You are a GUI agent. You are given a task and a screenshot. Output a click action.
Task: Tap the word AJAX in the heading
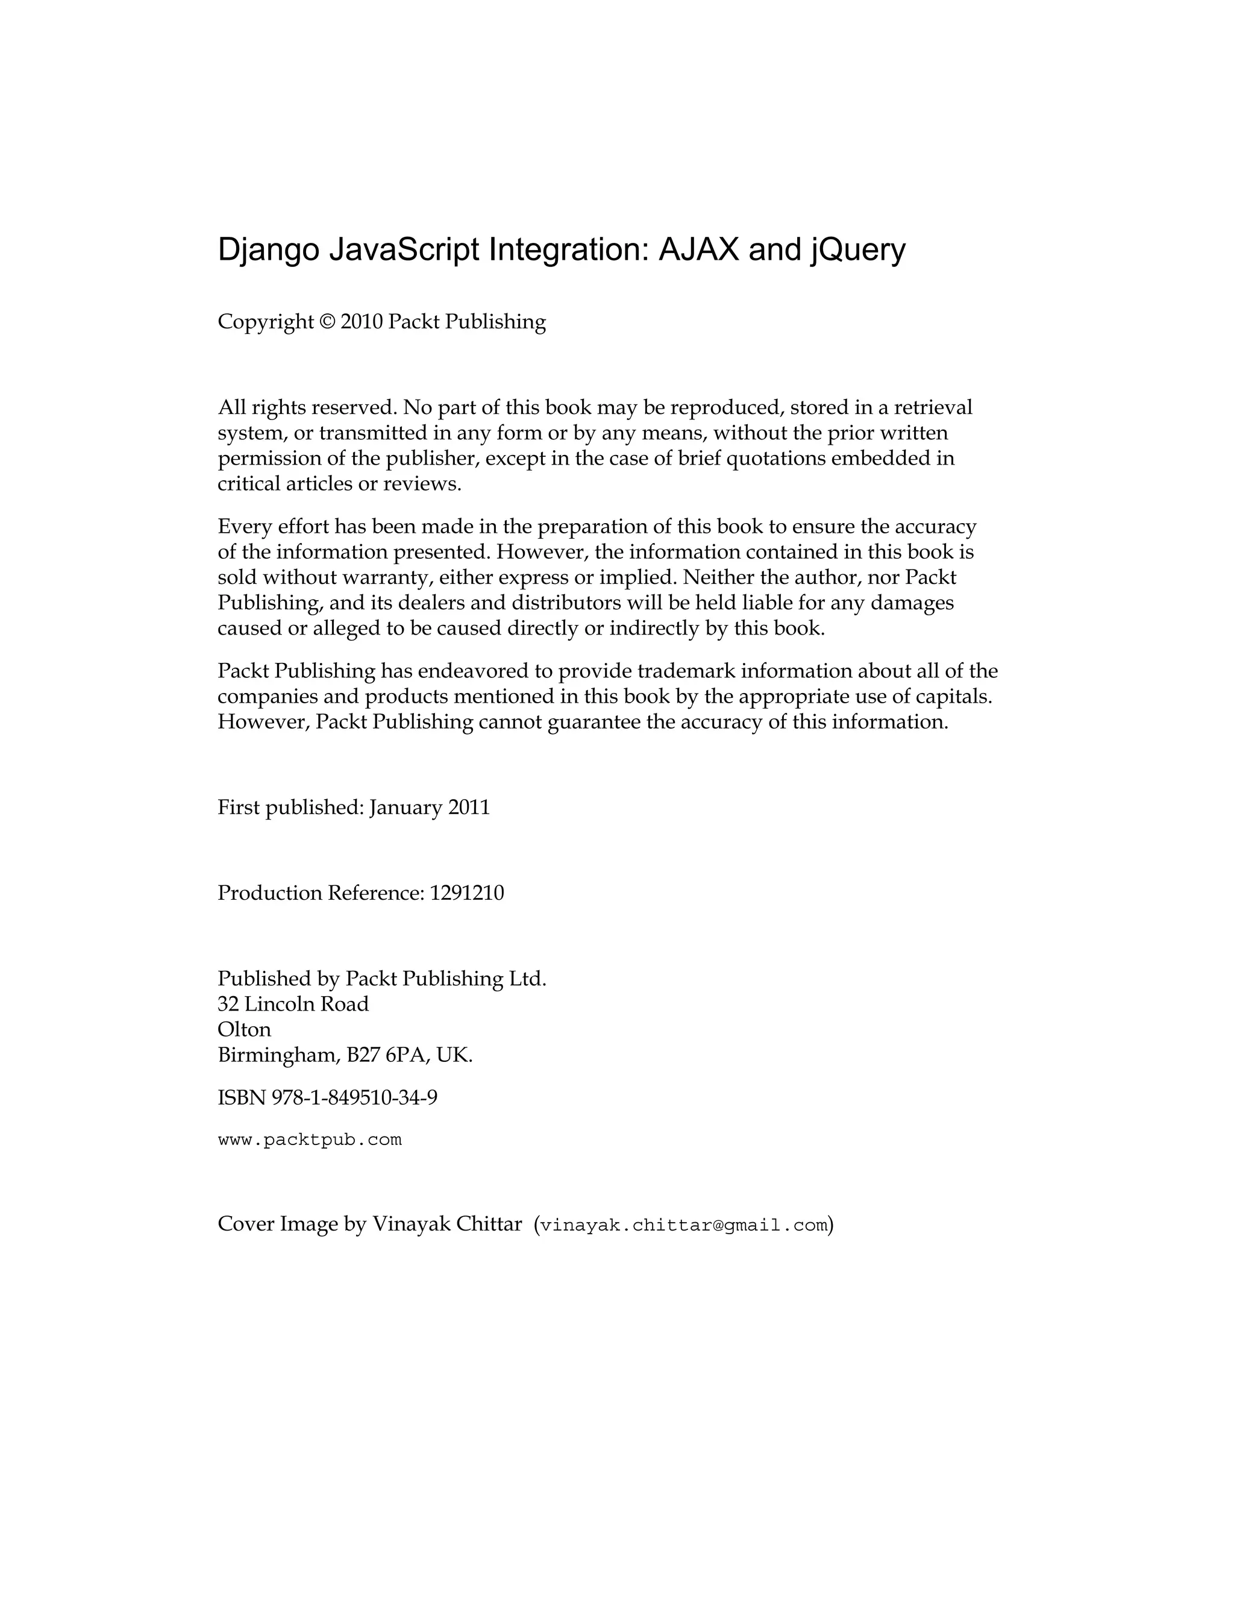click(x=700, y=250)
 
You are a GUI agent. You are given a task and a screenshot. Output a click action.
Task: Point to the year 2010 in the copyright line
click(x=361, y=322)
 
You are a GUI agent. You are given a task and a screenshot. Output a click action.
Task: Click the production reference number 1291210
click(x=467, y=893)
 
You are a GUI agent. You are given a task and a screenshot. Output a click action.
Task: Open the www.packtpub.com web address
click(x=310, y=1140)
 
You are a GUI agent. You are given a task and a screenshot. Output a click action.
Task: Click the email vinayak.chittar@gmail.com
click(x=683, y=1226)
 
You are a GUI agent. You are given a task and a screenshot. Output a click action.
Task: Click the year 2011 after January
click(x=469, y=808)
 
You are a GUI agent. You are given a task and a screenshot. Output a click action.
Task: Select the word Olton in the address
click(x=244, y=1029)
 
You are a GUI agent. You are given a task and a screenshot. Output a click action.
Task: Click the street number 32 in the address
click(x=228, y=1004)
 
